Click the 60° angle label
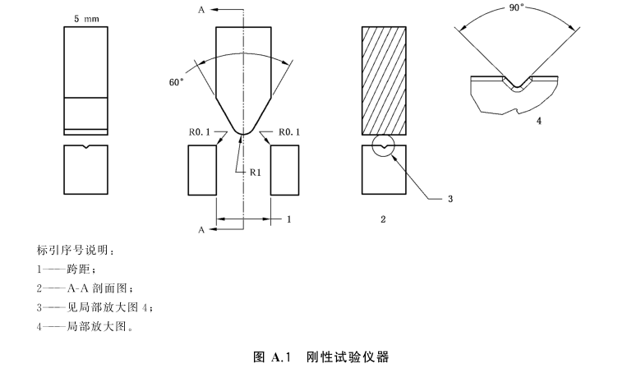[x=176, y=81]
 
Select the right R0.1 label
[x=293, y=131]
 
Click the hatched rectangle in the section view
[x=385, y=81]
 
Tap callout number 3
[x=450, y=199]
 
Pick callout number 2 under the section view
[x=383, y=219]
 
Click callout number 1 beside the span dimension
[x=288, y=219]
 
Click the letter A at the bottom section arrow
[x=201, y=231]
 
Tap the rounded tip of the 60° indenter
[x=242, y=131]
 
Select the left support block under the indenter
[x=201, y=170]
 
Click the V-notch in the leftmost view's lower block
[x=85, y=148]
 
